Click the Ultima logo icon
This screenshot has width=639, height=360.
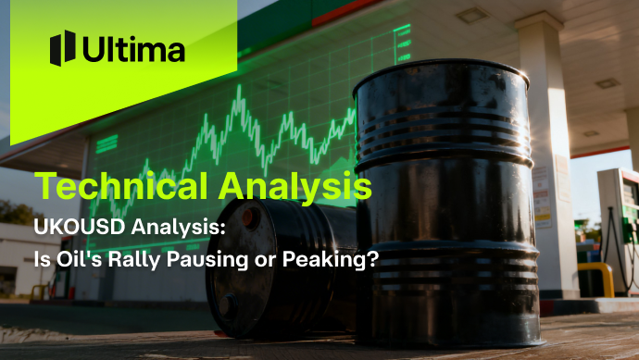point(62,48)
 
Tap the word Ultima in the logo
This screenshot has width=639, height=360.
point(133,49)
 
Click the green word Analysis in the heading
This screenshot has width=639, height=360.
point(295,186)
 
